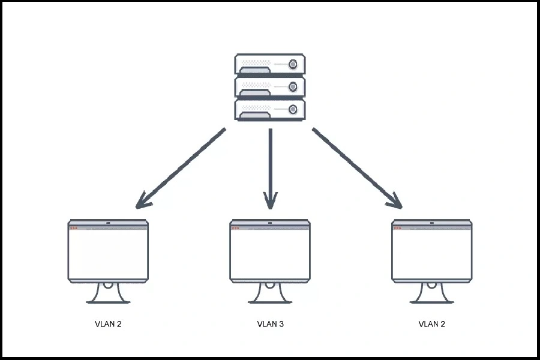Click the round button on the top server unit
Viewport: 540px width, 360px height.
293,64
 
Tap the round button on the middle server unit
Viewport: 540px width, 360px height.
293,87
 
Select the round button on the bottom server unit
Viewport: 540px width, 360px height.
293,109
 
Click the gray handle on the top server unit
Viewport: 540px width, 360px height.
256,71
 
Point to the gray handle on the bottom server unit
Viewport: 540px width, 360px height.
256,115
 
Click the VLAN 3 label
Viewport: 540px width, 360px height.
270,324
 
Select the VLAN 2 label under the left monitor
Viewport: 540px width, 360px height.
108,324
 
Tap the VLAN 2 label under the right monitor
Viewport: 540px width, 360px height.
431,324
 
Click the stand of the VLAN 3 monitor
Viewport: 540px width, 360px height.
270,293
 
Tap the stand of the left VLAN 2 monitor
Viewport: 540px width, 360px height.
108,293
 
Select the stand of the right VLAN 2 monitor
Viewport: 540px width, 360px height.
431,293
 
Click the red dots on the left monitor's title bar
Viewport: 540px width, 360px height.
74,228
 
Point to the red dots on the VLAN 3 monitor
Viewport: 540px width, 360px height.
236,228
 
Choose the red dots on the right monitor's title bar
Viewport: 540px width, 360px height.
397,228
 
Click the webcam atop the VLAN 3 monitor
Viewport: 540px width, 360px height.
270,223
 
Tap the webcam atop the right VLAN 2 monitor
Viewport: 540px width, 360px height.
431,223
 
